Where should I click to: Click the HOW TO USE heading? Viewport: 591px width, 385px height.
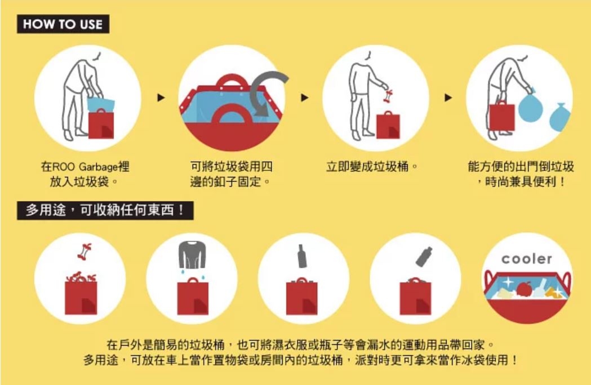(63, 24)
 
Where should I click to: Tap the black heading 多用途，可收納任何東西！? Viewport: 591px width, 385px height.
(105, 210)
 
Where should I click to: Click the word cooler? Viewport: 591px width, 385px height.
(527, 259)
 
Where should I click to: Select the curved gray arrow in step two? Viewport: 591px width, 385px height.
(264, 92)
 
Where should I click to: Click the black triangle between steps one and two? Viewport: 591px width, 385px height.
(161, 98)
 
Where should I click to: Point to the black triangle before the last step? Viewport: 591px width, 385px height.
(448, 98)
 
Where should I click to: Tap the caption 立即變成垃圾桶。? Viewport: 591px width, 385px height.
(372, 166)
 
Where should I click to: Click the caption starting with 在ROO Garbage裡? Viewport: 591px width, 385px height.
(85, 174)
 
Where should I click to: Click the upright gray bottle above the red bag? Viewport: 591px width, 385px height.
(302, 256)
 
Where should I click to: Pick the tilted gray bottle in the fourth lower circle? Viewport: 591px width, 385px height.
(424, 256)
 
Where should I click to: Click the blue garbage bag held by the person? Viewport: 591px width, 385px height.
(530, 105)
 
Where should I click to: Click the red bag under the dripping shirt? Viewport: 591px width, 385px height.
(193, 297)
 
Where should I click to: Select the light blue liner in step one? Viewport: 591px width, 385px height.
(101, 104)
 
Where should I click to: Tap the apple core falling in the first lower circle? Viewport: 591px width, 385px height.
(85, 251)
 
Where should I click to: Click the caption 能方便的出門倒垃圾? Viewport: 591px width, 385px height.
(521, 166)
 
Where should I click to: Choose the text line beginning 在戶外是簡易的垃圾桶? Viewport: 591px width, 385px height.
(300, 344)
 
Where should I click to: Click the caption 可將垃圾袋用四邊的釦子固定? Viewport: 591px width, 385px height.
(231, 174)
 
